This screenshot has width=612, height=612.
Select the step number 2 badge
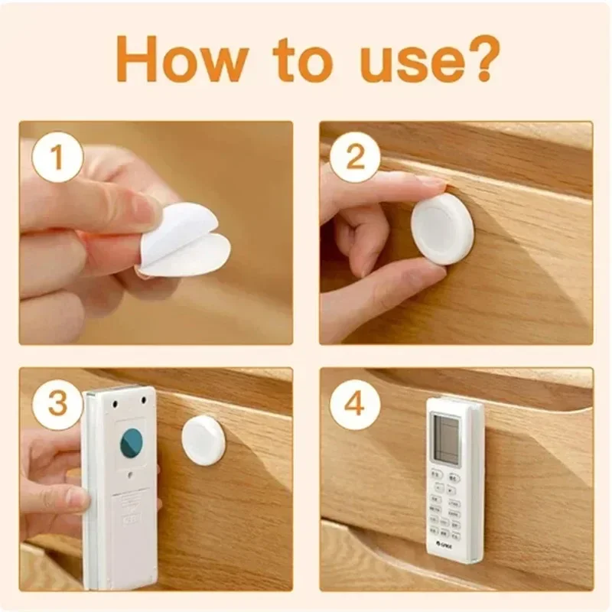[x=355, y=159]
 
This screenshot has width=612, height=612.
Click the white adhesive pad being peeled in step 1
[x=186, y=243]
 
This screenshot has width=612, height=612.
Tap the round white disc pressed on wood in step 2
[x=441, y=228]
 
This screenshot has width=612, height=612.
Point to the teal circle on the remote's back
[x=132, y=444]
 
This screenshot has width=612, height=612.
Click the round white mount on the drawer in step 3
[x=203, y=439]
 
